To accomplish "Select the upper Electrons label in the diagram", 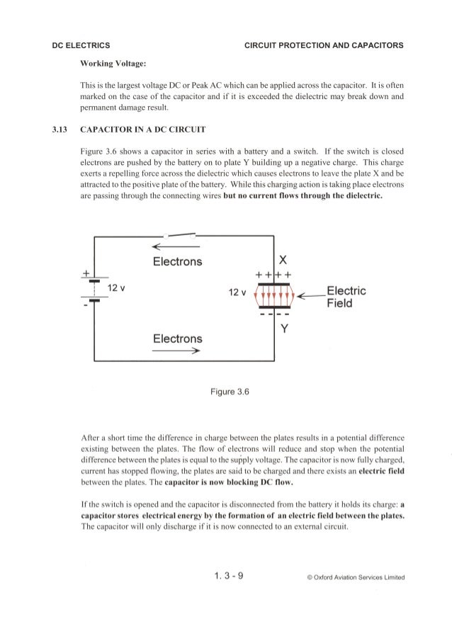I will coord(178,261).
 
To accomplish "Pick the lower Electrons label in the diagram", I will coord(178,339).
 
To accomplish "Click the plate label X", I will coord(283,259).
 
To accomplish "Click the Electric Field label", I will coord(346,297).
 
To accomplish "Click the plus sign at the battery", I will coord(86,273).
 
